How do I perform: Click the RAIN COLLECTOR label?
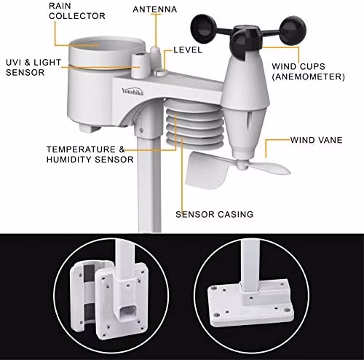pyautogui.click(x=77, y=11)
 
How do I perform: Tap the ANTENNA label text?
pyautogui.click(x=155, y=9)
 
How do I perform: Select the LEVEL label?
pyautogui.click(x=188, y=50)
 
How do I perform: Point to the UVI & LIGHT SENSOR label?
pyautogui.click(x=33, y=67)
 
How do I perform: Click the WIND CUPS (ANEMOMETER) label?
pyautogui.click(x=308, y=71)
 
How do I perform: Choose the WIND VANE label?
pyautogui.click(x=317, y=140)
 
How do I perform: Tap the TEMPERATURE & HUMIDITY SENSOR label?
pyautogui.click(x=90, y=154)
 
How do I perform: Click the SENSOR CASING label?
pyautogui.click(x=215, y=214)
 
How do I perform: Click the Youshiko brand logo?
pyautogui.click(x=132, y=92)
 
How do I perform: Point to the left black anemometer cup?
pyautogui.click(x=203, y=28)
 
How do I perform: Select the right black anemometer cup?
pyautogui.click(x=293, y=31)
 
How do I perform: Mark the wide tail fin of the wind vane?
pyautogui.click(x=205, y=170)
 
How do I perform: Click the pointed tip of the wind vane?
pyautogui.click(x=289, y=171)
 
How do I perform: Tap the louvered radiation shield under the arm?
pyautogui.click(x=194, y=124)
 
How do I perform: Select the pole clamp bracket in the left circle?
pyautogui.click(x=108, y=298)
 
